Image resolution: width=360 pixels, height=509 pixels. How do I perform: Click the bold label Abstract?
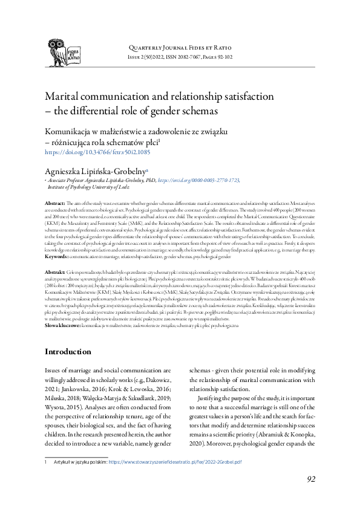(55, 206)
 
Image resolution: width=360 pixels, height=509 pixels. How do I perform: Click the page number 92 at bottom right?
(311, 480)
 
